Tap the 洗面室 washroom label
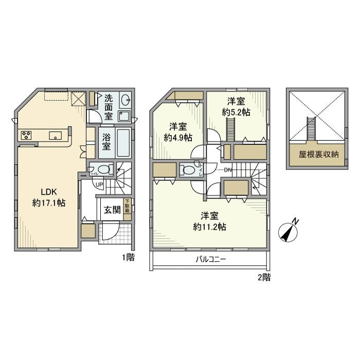(109, 105)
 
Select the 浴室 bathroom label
(106, 142)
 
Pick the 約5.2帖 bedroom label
(236, 107)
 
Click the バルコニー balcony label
(210, 260)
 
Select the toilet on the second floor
(188, 170)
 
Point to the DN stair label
(228, 171)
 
